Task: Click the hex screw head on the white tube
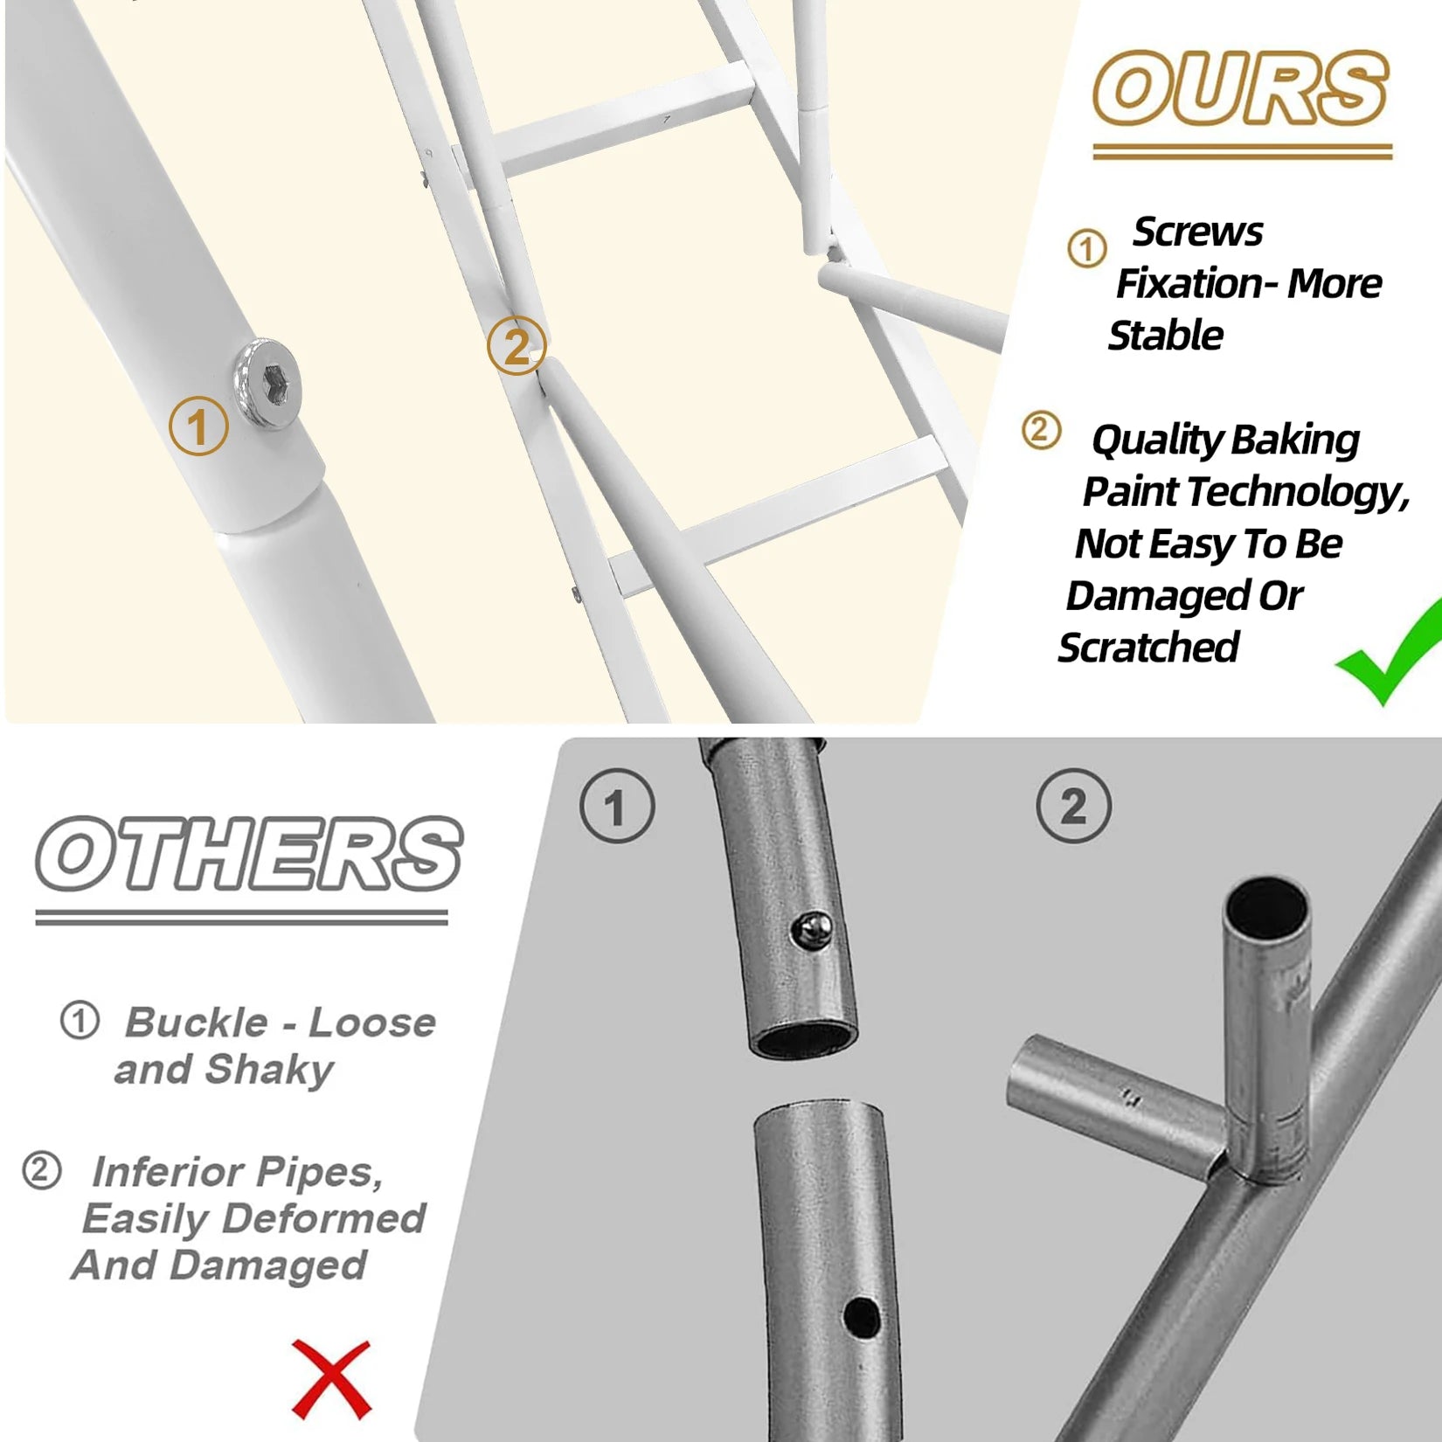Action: point(267,384)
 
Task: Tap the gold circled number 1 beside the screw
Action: point(198,426)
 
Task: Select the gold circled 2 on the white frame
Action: point(516,346)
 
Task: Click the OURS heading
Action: point(1240,87)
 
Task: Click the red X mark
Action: point(332,1379)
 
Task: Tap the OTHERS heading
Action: point(249,854)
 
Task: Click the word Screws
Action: point(1197,232)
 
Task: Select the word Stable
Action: point(1166,336)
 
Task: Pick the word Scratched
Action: point(1148,648)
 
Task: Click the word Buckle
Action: point(197,1023)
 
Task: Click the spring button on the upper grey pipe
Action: point(813,929)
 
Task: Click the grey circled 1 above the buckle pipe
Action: point(617,806)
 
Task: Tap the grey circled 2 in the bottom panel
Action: point(1074,806)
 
